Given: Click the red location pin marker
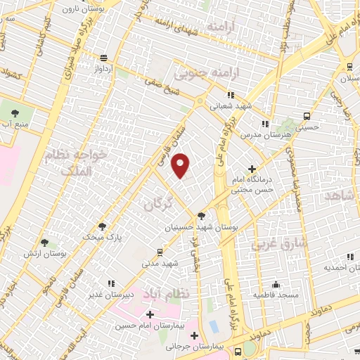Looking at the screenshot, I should [181, 166].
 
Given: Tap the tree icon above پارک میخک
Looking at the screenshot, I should [103, 226].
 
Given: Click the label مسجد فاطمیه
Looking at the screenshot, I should [277, 295].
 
